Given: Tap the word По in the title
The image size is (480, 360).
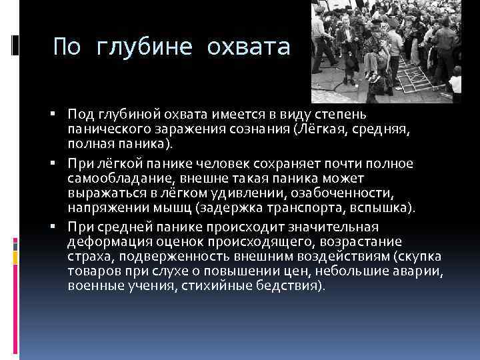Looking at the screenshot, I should click(69, 47).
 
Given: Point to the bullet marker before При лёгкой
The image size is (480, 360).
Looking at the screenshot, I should click(60, 163).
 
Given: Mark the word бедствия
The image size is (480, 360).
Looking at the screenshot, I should click(293, 286).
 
